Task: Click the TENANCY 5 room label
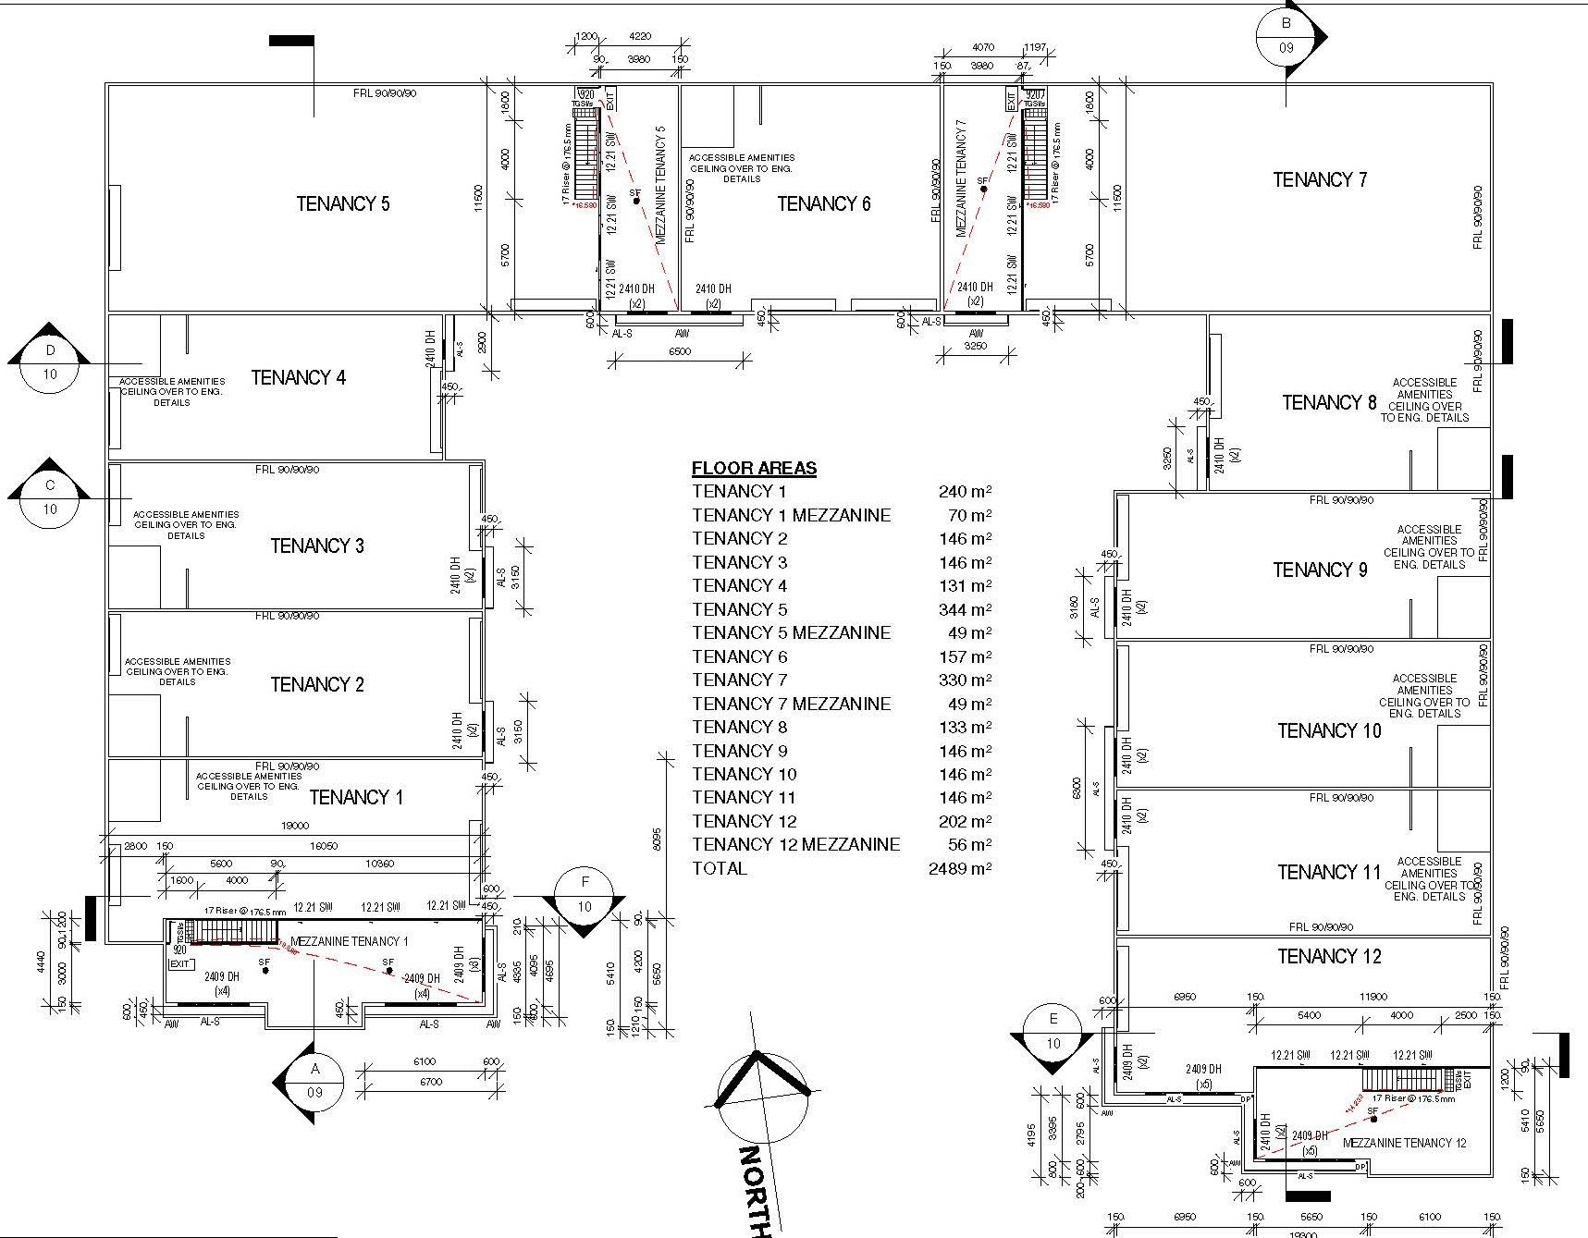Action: click(342, 203)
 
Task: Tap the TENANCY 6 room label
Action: click(823, 203)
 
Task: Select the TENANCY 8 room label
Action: click(1328, 402)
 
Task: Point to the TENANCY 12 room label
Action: click(1328, 956)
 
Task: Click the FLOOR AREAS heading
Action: click(754, 468)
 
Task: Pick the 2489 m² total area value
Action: click(959, 868)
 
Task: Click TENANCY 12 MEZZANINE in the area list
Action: click(795, 844)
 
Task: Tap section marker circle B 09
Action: click(1286, 36)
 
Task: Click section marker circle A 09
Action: click(314, 1080)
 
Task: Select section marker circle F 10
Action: click(584, 895)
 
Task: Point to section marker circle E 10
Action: click(1053, 1032)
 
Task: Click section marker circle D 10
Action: click(50, 362)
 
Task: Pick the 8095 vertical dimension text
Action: click(657, 837)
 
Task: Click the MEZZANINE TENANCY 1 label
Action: click(349, 941)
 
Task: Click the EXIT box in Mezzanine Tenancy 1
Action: click(180, 963)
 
